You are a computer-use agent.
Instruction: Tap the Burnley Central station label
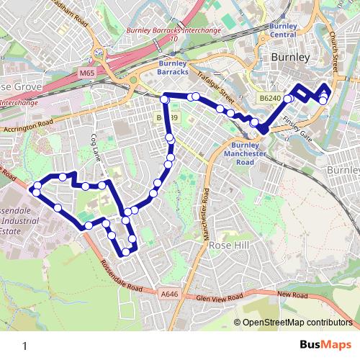[x=283, y=31]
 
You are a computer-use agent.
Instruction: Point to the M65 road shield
[x=87, y=73]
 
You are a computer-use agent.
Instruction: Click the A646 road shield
[x=169, y=294]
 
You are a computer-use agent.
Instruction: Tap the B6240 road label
[x=268, y=97]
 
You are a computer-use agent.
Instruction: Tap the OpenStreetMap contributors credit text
[x=297, y=323]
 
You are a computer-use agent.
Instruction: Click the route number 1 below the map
[x=24, y=346]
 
